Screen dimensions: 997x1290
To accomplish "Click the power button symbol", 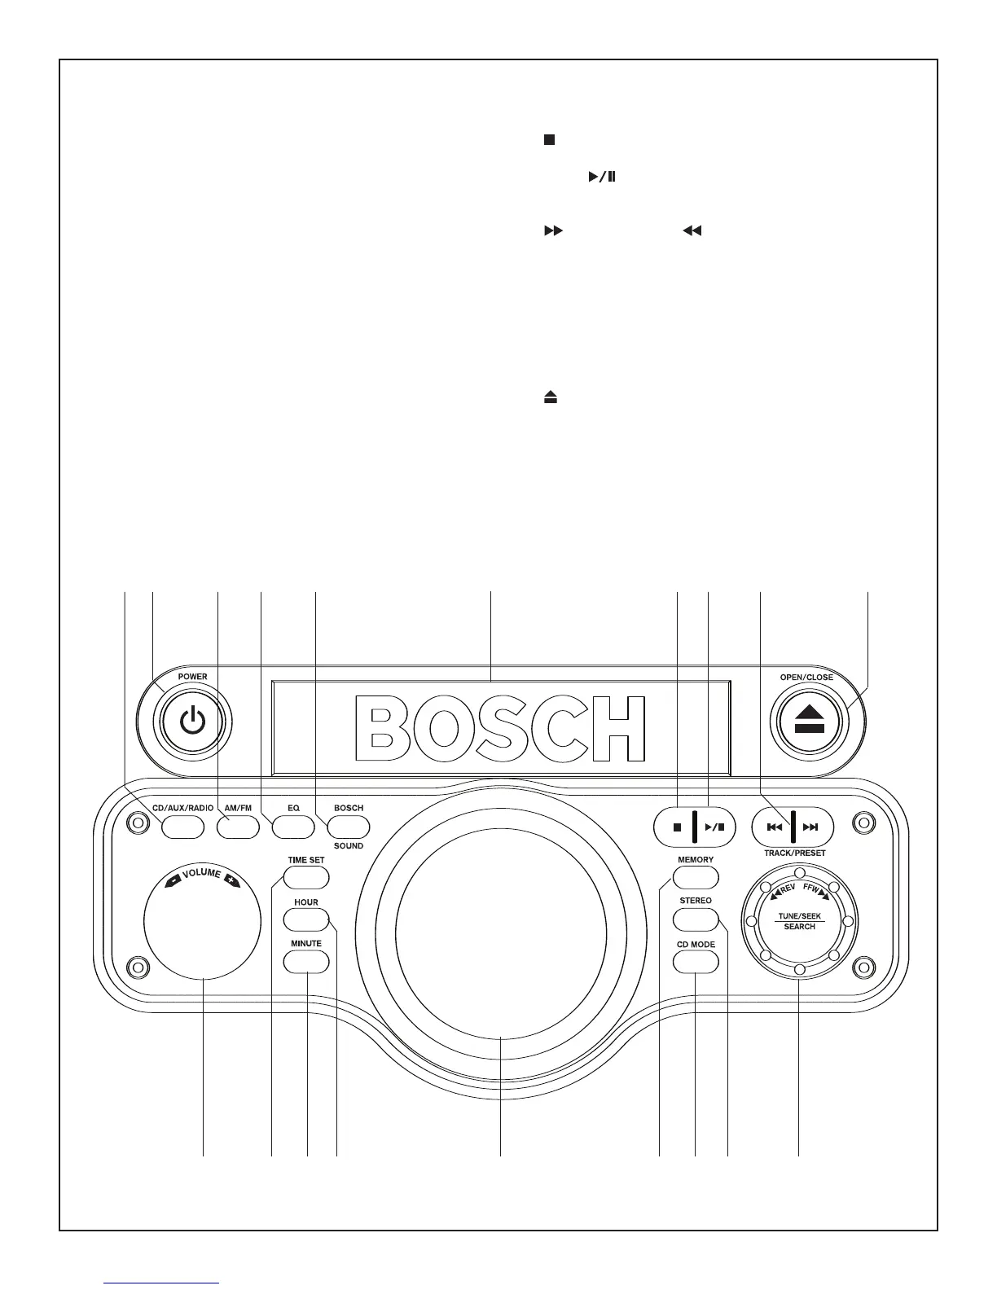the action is point(192,722).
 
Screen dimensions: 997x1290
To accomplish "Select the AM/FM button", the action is point(238,827).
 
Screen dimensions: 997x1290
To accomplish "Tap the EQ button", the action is point(292,827).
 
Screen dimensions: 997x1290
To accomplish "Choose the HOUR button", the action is point(306,920).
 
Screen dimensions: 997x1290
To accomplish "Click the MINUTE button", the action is point(306,961).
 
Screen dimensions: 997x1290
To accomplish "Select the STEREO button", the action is point(696,919).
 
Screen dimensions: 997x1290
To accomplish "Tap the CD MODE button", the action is point(696,962).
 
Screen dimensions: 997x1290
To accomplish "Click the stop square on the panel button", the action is point(677,827).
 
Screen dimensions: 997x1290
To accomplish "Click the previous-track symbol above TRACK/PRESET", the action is point(774,827).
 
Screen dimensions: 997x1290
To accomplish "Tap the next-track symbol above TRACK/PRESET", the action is point(810,827).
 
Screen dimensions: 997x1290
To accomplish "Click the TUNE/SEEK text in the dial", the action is point(799,916).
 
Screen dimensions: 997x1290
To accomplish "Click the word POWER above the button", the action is point(192,677).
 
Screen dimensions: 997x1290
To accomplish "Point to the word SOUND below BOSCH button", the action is point(349,846).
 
